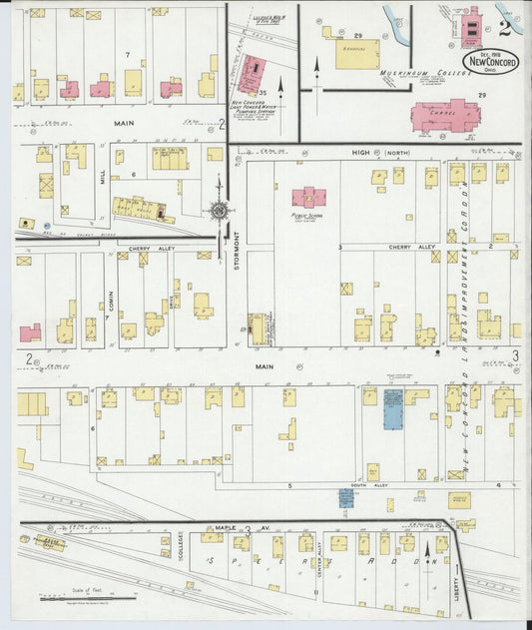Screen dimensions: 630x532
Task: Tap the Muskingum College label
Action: (412, 73)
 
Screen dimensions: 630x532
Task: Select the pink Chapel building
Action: (445, 118)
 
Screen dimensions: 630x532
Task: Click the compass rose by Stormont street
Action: (219, 210)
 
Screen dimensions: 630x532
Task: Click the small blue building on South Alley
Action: (345, 495)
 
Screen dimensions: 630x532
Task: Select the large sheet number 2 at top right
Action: (507, 27)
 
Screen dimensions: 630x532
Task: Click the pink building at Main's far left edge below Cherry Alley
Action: (30, 332)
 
